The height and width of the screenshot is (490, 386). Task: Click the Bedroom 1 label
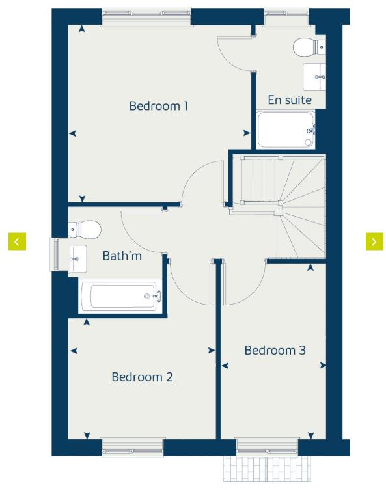click(159, 105)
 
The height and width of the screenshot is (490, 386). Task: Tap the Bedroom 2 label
click(142, 377)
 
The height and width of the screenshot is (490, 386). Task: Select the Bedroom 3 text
click(275, 350)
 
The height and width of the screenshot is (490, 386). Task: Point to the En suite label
click(290, 100)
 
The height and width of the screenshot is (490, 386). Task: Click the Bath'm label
click(122, 256)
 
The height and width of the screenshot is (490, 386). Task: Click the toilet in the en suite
click(308, 47)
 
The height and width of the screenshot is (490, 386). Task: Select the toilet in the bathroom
click(85, 228)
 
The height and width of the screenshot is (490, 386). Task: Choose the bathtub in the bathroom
click(120, 297)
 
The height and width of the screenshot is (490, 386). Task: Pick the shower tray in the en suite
click(286, 129)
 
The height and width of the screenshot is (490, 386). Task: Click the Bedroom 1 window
click(148, 16)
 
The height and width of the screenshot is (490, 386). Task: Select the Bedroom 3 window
click(267, 446)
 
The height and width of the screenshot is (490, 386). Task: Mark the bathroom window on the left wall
click(57, 254)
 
